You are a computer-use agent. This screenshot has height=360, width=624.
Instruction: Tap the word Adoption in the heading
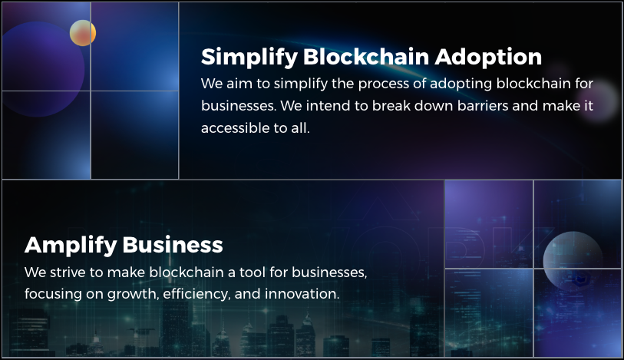[x=488, y=57]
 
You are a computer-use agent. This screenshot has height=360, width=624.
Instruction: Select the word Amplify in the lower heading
[x=71, y=246]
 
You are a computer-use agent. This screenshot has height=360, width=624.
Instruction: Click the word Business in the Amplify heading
[x=173, y=245]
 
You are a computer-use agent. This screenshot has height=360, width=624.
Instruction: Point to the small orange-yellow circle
[x=83, y=33]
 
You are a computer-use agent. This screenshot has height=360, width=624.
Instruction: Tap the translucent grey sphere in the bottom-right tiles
[x=573, y=261]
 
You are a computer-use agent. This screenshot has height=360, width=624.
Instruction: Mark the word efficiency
[x=196, y=294]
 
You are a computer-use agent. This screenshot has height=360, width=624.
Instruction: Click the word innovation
[x=302, y=294]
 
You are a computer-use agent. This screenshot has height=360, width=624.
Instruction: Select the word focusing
[x=53, y=294]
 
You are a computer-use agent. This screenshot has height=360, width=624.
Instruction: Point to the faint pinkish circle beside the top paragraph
[x=598, y=101]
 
